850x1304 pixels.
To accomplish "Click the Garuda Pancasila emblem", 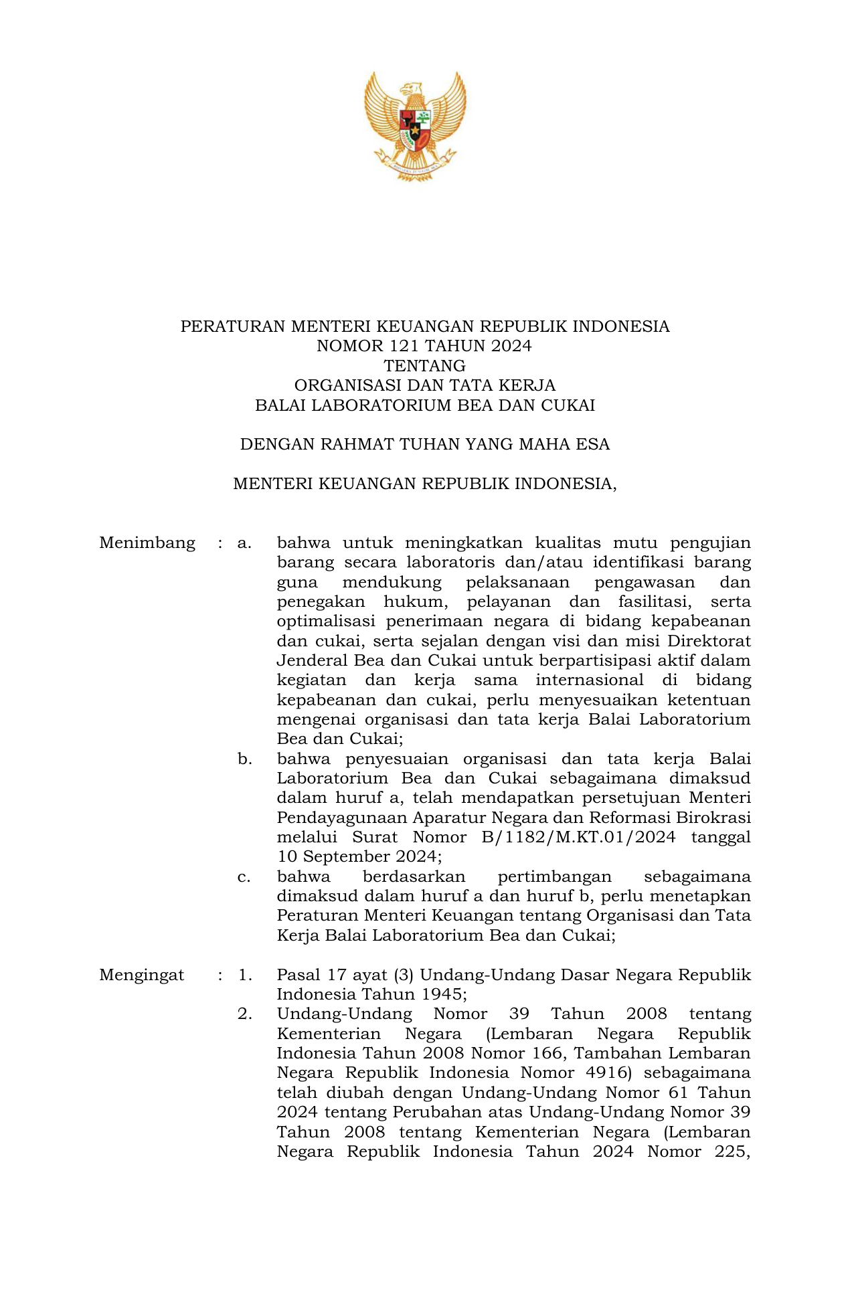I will (415, 126).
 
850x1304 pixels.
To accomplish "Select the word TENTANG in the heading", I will (424, 366).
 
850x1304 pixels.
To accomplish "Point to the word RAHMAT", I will (355, 445).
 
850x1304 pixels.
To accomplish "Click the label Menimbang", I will (147, 543).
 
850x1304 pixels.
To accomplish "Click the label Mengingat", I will (141, 975).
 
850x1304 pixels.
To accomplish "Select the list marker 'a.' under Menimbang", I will (244, 543).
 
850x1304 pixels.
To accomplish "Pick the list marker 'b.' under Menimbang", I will (244, 759).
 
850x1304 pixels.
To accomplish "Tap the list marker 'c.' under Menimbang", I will (244, 876).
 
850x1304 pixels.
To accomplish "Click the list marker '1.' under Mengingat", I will (245, 975).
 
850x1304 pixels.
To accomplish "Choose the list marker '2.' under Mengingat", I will (245, 1014).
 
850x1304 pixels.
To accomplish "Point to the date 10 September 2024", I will (359, 857).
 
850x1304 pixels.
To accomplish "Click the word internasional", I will (590, 680).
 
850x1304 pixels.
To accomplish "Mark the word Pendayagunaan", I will (342, 818).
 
